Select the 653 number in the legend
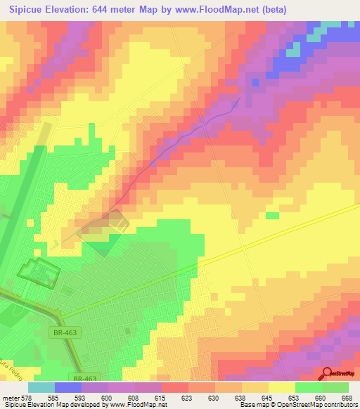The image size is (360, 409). coord(283,397)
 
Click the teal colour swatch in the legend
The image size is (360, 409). coord(41,387)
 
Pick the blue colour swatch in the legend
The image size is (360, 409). coord(68,387)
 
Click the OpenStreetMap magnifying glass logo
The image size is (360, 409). coord(327,373)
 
